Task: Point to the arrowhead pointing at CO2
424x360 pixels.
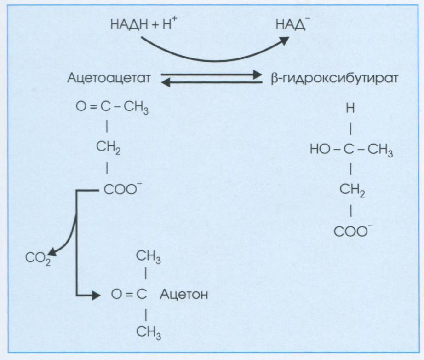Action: (52, 251)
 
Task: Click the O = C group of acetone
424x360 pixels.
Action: (128, 294)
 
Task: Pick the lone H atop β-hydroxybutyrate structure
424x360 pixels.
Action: (351, 110)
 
